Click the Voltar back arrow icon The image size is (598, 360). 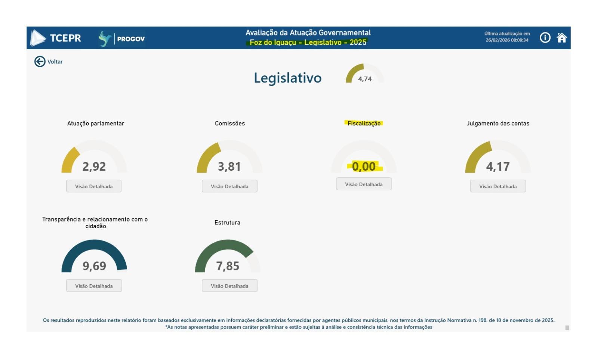point(40,62)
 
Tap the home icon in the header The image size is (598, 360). point(561,38)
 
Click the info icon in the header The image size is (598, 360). point(545,38)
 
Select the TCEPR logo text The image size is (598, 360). point(65,38)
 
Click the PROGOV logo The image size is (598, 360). point(122,38)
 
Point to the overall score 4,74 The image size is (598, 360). point(365,79)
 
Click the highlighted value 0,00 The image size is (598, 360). point(364,166)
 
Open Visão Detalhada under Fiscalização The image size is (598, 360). point(364,184)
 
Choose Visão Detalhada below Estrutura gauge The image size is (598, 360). point(229,286)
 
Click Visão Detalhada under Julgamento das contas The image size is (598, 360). point(498,186)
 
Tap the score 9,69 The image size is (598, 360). point(94,266)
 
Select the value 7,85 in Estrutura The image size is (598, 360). point(228,266)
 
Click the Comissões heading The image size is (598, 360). point(230,123)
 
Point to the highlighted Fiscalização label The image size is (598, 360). point(364,123)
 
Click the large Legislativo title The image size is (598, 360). point(287,78)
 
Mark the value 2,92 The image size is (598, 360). point(94,166)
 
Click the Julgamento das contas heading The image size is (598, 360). point(498,123)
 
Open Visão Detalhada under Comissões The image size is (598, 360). point(229,186)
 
